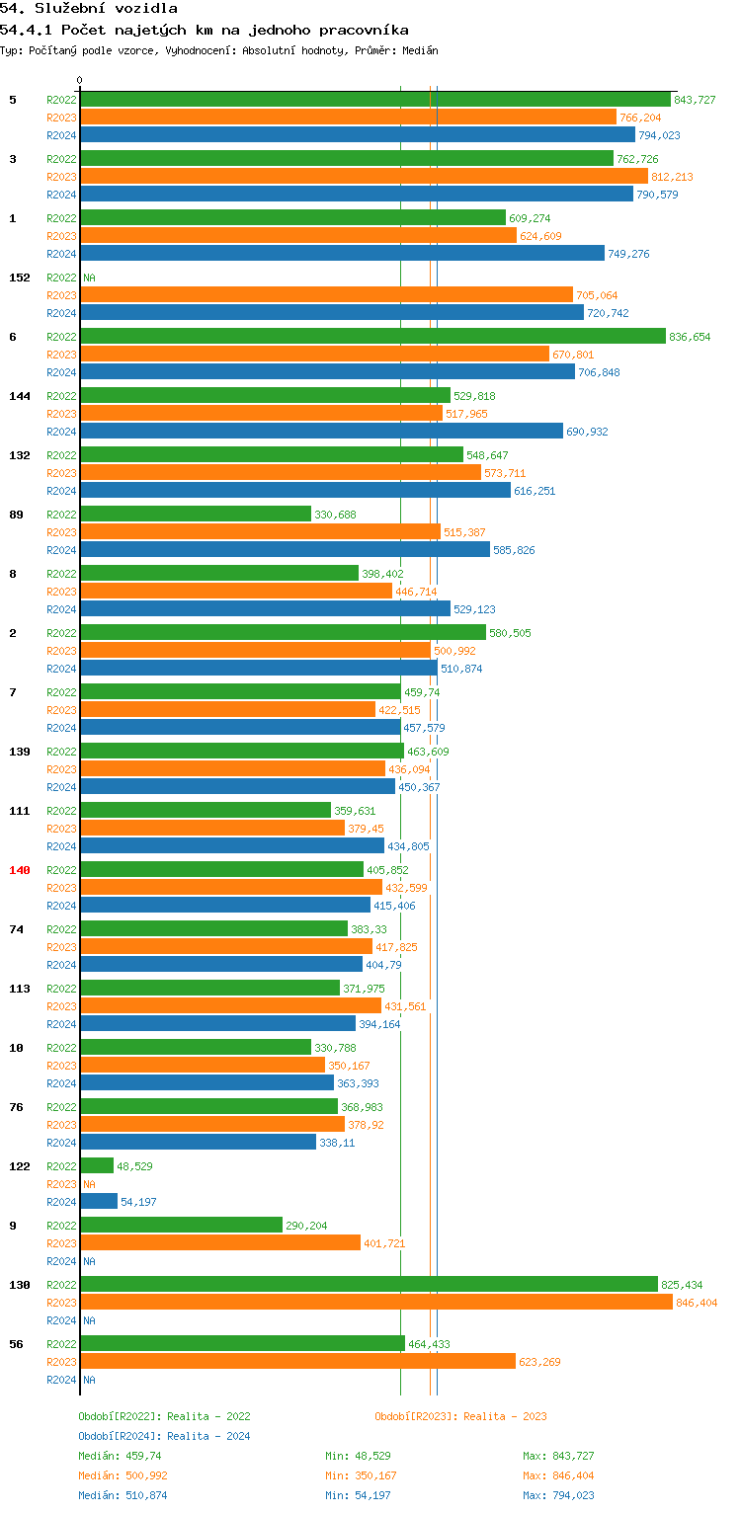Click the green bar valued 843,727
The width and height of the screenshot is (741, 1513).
[x=375, y=100]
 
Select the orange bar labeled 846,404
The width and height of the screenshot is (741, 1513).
[x=375, y=1303]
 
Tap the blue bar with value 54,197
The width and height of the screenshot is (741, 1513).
[x=99, y=1202]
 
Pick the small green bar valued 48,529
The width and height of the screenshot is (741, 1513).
[x=97, y=1166]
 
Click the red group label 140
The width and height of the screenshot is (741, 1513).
[x=20, y=870]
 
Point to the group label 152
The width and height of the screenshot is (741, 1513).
[x=20, y=278]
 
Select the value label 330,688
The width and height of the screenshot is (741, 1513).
[x=335, y=515]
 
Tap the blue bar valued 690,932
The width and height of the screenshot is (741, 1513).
[x=321, y=432]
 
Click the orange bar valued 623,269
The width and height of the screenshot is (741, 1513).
[x=297, y=1362]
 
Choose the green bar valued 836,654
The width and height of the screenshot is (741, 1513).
[x=372, y=337]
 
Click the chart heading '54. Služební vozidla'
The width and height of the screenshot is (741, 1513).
[x=89, y=9]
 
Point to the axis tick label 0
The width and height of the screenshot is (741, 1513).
[x=80, y=80]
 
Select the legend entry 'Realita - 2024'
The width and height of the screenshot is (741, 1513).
[x=208, y=1436]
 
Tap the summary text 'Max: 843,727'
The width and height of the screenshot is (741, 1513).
[x=558, y=1456]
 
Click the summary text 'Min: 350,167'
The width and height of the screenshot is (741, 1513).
[x=361, y=1475]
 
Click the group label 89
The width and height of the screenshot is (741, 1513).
[x=14, y=515]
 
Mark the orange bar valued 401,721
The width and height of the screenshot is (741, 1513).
[x=220, y=1243]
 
